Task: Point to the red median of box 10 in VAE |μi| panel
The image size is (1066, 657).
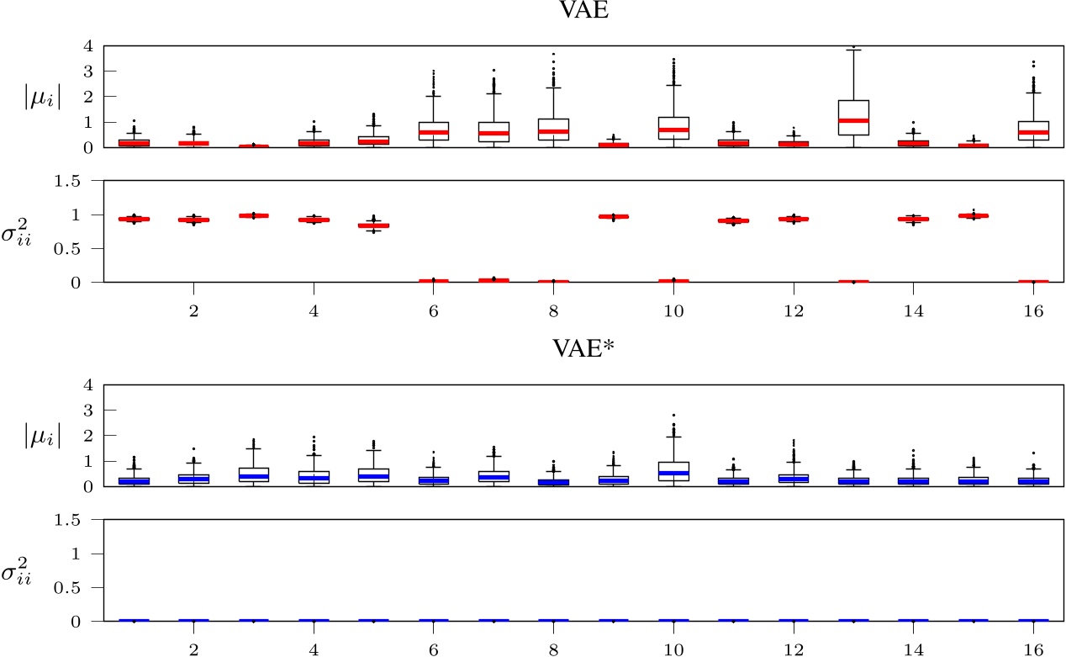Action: [x=673, y=130]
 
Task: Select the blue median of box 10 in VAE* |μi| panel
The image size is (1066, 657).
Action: [x=673, y=473]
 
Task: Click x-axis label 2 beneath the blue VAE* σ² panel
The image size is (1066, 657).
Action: [x=193, y=649]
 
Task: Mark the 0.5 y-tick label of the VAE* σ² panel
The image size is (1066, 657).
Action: [x=82, y=587]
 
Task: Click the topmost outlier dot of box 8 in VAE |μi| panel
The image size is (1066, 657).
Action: [x=553, y=55]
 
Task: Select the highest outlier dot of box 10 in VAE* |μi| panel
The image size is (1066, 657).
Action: [x=673, y=416]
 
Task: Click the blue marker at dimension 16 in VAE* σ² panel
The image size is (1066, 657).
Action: [x=1033, y=620]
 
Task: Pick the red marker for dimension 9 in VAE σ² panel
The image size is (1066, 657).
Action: [x=613, y=216]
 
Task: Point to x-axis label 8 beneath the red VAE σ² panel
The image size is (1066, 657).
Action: [x=553, y=311]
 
